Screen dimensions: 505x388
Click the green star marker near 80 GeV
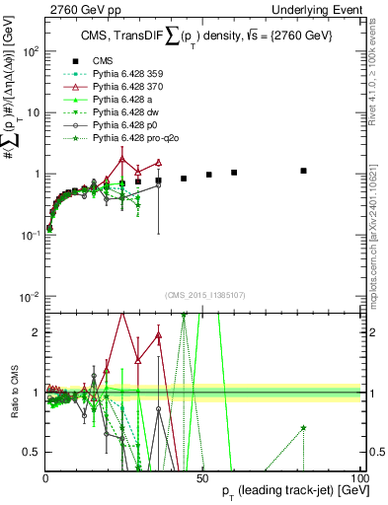pyautogui.click(x=304, y=428)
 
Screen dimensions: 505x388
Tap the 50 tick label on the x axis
pyautogui.click(x=202, y=476)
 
